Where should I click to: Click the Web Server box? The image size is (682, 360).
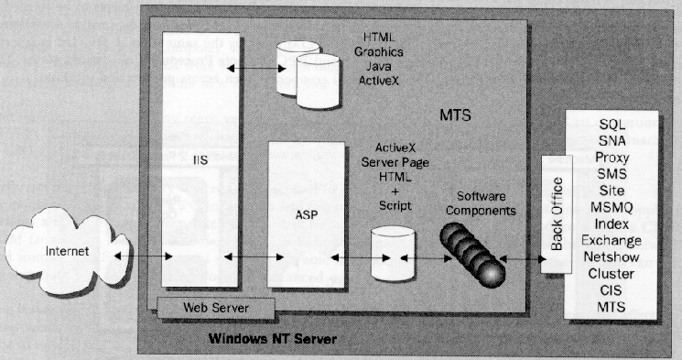(x=214, y=307)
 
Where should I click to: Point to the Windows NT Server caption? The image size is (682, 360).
(x=273, y=340)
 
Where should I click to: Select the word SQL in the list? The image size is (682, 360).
(x=612, y=124)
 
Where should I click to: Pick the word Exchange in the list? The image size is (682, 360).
(x=612, y=241)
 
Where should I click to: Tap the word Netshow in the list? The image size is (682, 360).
(x=612, y=257)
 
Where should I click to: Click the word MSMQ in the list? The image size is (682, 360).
(x=612, y=208)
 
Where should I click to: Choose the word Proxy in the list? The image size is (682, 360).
(x=612, y=157)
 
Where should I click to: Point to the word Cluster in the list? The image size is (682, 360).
(x=612, y=274)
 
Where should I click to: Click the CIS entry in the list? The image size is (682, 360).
(x=612, y=290)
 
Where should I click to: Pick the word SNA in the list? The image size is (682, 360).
(x=612, y=140)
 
